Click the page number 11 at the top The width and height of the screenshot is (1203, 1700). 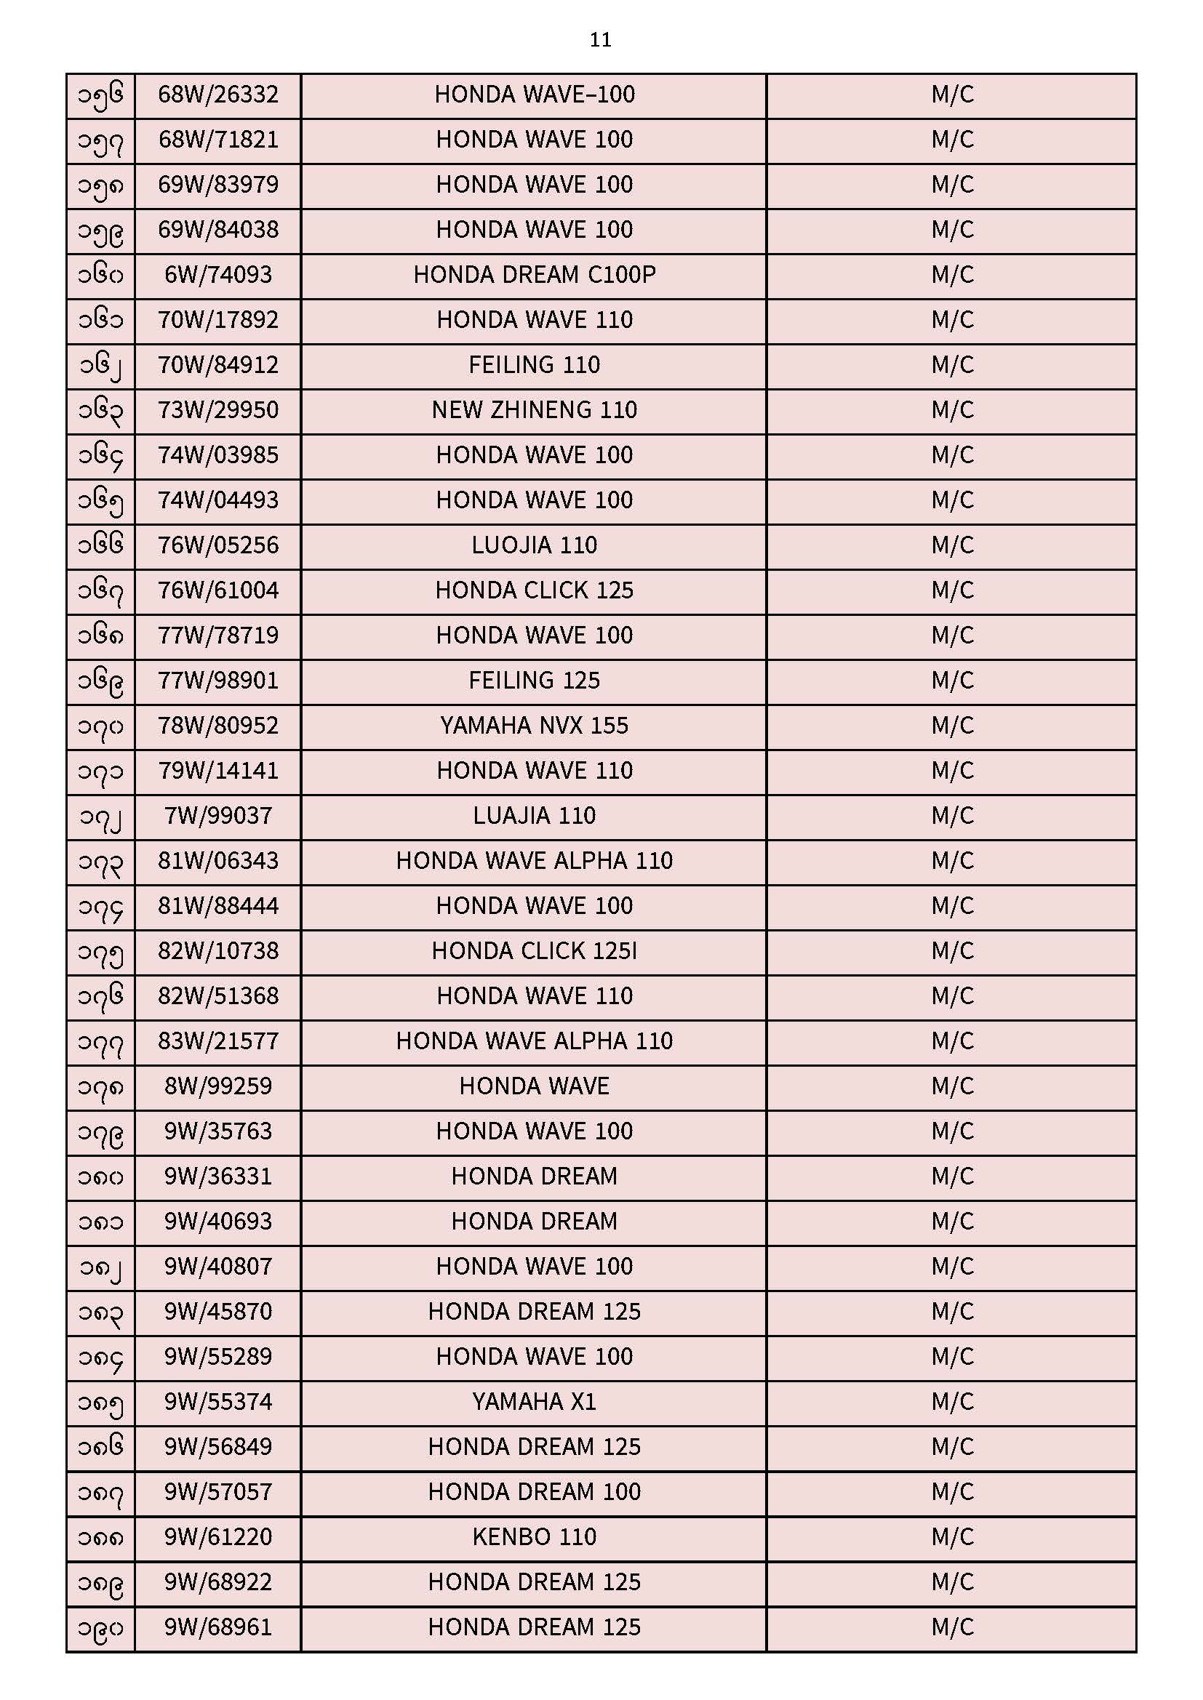point(600,40)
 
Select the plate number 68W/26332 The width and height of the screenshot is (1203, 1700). point(217,95)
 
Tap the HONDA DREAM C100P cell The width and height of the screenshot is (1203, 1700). point(534,275)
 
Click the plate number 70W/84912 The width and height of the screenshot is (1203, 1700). point(217,365)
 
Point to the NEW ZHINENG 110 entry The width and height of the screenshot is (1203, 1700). point(534,410)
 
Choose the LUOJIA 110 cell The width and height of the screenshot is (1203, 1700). point(534,545)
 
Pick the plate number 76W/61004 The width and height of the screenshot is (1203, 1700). point(217,591)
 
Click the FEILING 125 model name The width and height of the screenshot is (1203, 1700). point(534,681)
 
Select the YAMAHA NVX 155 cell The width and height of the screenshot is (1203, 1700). point(534,726)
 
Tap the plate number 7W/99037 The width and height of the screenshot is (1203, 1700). point(217,816)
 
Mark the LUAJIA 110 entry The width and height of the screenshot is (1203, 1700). point(534,816)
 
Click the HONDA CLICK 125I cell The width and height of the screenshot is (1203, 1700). point(534,952)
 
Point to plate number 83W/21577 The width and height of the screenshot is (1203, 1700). point(217,1042)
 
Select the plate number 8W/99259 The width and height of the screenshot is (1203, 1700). point(217,1087)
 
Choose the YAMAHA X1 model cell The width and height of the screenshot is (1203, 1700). point(534,1403)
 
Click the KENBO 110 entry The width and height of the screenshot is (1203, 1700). point(534,1537)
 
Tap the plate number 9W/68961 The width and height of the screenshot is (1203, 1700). point(217,1627)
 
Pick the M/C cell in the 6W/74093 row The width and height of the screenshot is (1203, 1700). point(952,275)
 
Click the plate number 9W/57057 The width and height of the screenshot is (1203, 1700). point(217,1492)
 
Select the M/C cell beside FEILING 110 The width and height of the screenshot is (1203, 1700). point(952,365)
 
